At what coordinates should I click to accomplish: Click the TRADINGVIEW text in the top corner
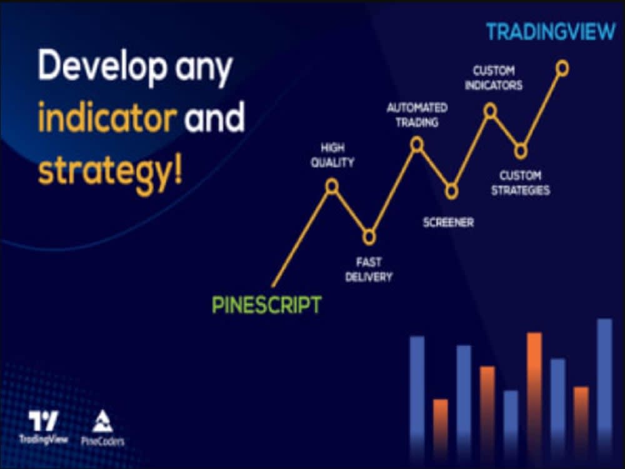pyautogui.click(x=551, y=33)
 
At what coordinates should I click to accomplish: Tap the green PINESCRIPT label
pyautogui.click(x=267, y=305)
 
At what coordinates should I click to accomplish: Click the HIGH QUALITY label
pyautogui.click(x=337, y=156)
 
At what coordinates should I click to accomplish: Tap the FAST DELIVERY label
pyautogui.click(x=369, y=270)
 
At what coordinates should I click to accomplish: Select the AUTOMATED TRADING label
pyautogui.click(x=417, y=115)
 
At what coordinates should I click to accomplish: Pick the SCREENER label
pyautogui.click(x=448, y=222)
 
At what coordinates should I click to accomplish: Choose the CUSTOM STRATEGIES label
pyautogui.click(x=521, y=183)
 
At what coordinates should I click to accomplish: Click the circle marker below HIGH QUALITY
pyautogui.click(x=332, y=186)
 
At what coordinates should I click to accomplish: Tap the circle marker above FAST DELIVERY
pyautogui.click(x=369, y=237)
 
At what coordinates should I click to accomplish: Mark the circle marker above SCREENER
pyautogui.click(x=451, y=191)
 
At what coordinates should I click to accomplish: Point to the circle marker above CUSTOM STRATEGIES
pyautogui.click(x=521, y=151)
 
